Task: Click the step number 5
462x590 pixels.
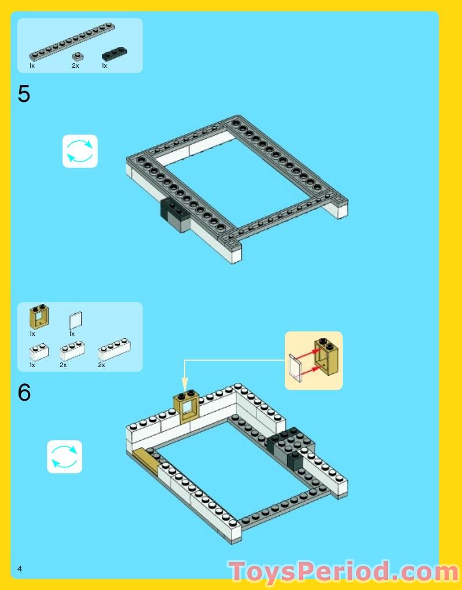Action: (x=24, y=94)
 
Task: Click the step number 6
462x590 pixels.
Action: (x=24, y=393)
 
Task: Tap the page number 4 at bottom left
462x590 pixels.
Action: (x=20, y=569)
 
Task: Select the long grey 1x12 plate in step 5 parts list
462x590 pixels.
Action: (x=72, y=42)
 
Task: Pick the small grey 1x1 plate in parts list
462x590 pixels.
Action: (x=78, y=57)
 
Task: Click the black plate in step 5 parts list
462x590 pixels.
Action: (x=115, y=54)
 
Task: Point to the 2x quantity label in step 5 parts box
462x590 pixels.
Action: (x=75, y=66)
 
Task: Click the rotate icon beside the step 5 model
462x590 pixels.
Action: (x=80, y=151)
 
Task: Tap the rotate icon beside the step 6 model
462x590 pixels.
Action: (x=64, y=456)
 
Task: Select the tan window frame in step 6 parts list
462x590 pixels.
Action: (x=39, y=317)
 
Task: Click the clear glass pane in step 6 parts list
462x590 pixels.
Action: (x=76, y=321)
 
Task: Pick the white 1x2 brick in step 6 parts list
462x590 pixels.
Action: (x=39, y=352)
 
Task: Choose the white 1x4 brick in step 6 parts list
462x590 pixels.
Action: (x=115, y=350)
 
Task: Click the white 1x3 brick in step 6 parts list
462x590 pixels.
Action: (x=72, y=351)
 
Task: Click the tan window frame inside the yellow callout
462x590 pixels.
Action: (x=326, y=356)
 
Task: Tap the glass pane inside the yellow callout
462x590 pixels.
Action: (x=296, y=368)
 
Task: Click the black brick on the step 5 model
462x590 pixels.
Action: (x=175, y=215)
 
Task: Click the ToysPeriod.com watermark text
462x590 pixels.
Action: (x=344, y=571)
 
